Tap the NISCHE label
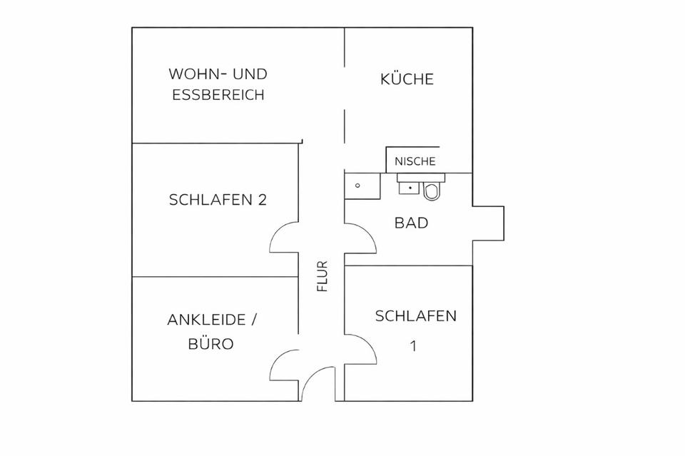point(415,161)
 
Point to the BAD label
point(412,223)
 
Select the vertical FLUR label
point(323,277)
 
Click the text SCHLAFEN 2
point(218,200)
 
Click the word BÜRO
point(210,343)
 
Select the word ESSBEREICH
point(218,94)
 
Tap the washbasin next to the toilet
point(409,186)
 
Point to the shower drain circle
point(357,186)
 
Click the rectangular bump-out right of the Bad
point(489,223)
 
